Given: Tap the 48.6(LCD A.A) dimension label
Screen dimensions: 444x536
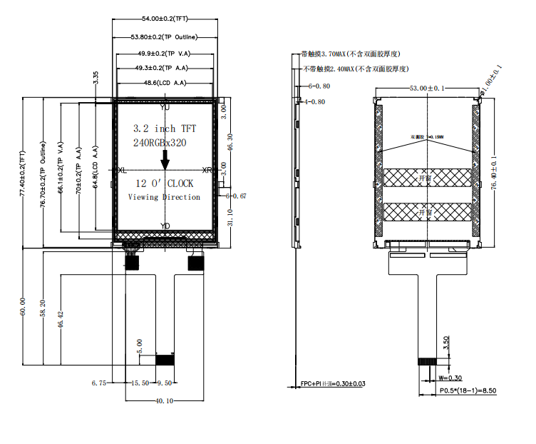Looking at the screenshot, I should [165, 83].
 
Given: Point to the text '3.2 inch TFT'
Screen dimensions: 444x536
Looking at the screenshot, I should [165, 128].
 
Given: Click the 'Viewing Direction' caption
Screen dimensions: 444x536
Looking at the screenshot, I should [164, 197].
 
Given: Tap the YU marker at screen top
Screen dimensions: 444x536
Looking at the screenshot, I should [165, 107].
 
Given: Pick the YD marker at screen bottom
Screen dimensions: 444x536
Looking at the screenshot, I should [165, 226].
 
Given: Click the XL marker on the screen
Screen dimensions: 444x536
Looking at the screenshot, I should [122, 171].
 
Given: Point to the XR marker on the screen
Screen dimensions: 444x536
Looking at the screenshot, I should [207, 171].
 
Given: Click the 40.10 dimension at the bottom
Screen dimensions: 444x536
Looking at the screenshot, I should [165, 401].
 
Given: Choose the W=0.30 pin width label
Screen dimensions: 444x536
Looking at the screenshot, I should [450, 378].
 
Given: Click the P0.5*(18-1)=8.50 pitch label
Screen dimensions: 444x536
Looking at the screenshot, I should [468, 391].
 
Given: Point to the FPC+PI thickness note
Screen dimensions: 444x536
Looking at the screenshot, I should [333, 384].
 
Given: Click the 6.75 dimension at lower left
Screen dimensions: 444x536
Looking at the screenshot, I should [99, 383].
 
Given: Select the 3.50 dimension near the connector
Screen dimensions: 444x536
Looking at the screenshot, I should [445, 343].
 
